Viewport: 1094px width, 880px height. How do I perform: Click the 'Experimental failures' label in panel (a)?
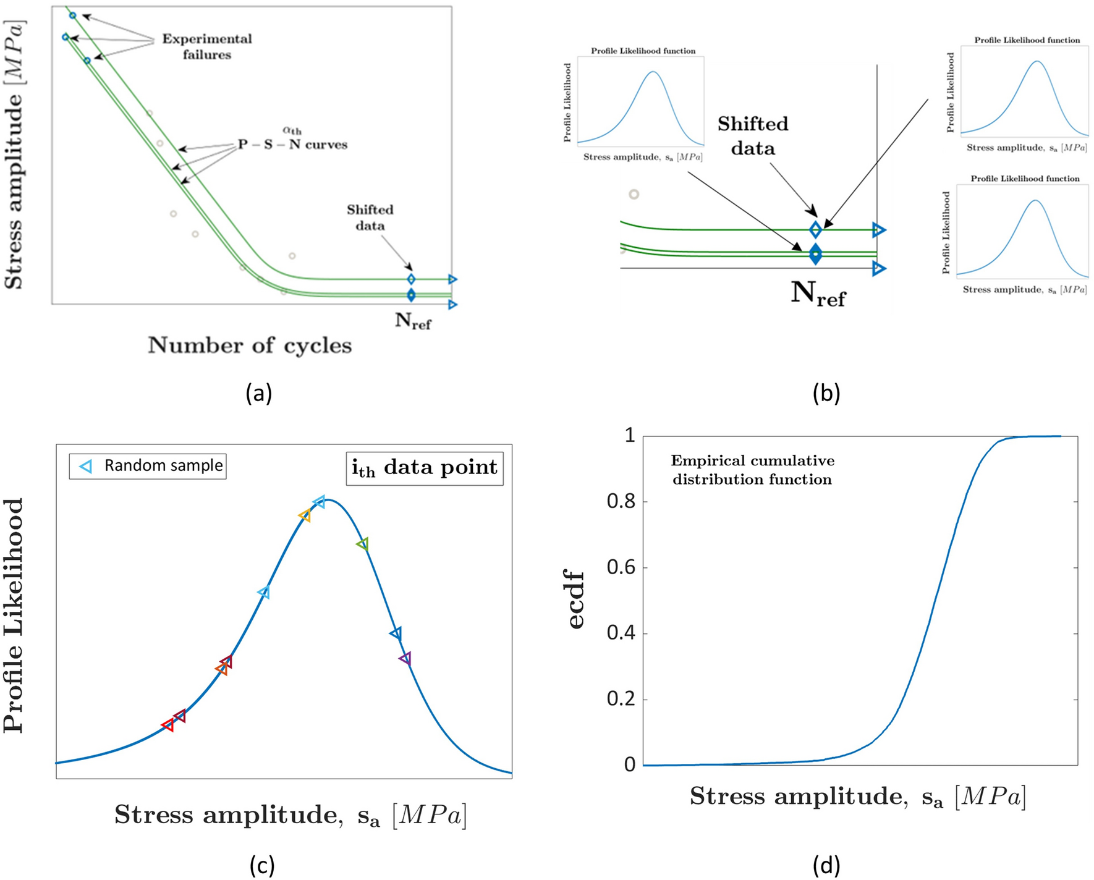pos(206,46)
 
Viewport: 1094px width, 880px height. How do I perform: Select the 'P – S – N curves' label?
pos(293,144)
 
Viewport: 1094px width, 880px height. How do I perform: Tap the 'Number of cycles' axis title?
pos(250,345)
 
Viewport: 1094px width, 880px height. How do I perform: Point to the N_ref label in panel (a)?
pos(413,321)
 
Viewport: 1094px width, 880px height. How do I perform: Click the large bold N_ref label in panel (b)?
pos(818,293)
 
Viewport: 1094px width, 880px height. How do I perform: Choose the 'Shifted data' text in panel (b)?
pos(753,136)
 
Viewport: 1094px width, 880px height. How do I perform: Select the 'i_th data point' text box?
pos(424,468)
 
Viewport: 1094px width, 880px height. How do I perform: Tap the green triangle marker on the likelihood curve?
pos(363,544)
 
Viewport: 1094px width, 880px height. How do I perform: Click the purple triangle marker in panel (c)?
pos(405,659)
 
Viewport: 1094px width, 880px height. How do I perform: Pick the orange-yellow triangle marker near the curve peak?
pos(305,515)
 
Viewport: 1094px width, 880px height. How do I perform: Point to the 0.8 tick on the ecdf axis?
pos(621,501)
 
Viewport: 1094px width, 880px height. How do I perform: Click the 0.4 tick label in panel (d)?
pos(621,633)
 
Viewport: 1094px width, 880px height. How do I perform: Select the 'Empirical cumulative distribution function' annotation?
pos(752,470)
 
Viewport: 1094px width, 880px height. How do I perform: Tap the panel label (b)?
pos(826,393)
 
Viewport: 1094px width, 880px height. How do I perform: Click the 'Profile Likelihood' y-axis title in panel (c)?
pos(14,615)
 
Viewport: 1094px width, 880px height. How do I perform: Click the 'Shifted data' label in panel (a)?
pos(370,218)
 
